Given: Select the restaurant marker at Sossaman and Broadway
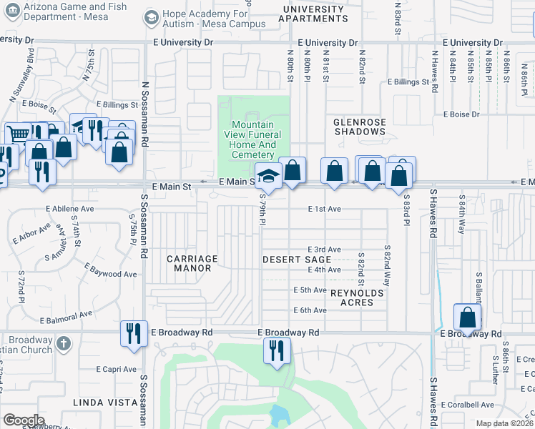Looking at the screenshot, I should (x=133, y=332).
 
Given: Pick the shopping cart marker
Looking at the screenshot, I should (x=19, y=134).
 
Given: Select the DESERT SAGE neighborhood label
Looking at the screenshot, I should (x=297, y=259).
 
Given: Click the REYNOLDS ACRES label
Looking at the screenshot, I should (x=351, y=297).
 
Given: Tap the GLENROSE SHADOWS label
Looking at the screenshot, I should (x=360, y=127).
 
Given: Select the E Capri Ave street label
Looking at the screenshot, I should (x=115, y=370).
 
